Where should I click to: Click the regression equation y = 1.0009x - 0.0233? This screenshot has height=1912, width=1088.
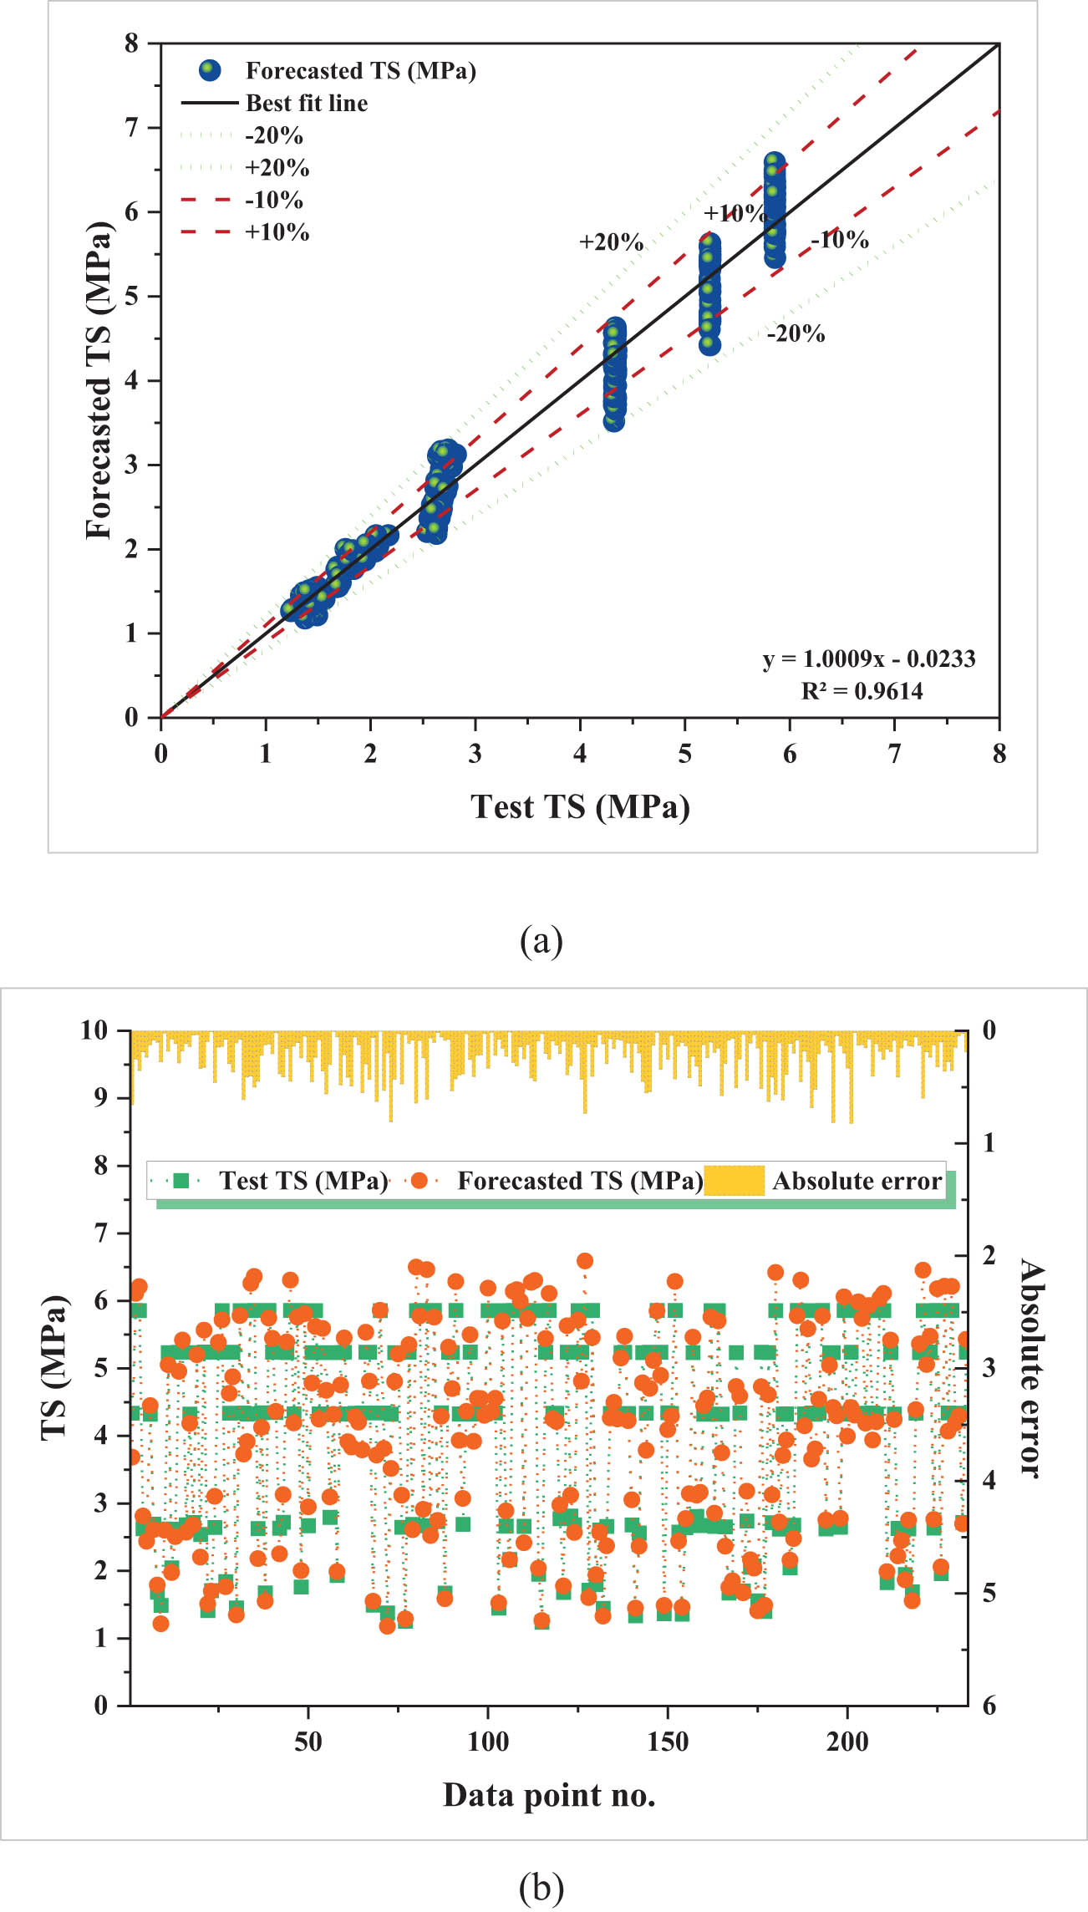869,659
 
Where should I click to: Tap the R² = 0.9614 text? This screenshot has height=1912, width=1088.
862,691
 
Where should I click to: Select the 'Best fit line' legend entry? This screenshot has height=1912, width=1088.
306,103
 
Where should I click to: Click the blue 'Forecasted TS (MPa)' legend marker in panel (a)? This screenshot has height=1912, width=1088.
210,70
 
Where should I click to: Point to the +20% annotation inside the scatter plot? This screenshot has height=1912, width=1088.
611,242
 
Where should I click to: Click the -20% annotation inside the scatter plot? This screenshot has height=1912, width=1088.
796,334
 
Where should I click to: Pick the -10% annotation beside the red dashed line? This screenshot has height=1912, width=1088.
840,240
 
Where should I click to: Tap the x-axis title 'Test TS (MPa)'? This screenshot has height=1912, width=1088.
580,807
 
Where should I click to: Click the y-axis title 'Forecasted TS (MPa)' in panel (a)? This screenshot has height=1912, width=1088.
99,380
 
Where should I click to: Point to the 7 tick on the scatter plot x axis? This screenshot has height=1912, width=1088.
894,755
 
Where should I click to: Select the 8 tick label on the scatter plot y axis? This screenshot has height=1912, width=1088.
132,43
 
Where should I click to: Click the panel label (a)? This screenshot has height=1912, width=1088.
541,941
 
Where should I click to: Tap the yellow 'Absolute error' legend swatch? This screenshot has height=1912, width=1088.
734,1180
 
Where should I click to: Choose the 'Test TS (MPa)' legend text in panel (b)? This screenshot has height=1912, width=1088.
303,1181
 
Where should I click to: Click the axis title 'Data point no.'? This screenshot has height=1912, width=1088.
549,1794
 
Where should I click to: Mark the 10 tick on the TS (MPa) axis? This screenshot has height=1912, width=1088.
95,1030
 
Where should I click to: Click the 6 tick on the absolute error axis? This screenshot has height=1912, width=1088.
989,1706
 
